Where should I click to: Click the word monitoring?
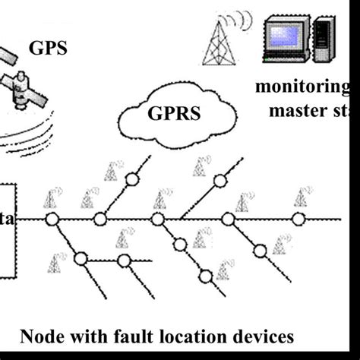point(302,87)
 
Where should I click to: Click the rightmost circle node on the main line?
point(298,219)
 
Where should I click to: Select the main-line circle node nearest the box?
point(52,219)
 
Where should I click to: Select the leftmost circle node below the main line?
point(80,259)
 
